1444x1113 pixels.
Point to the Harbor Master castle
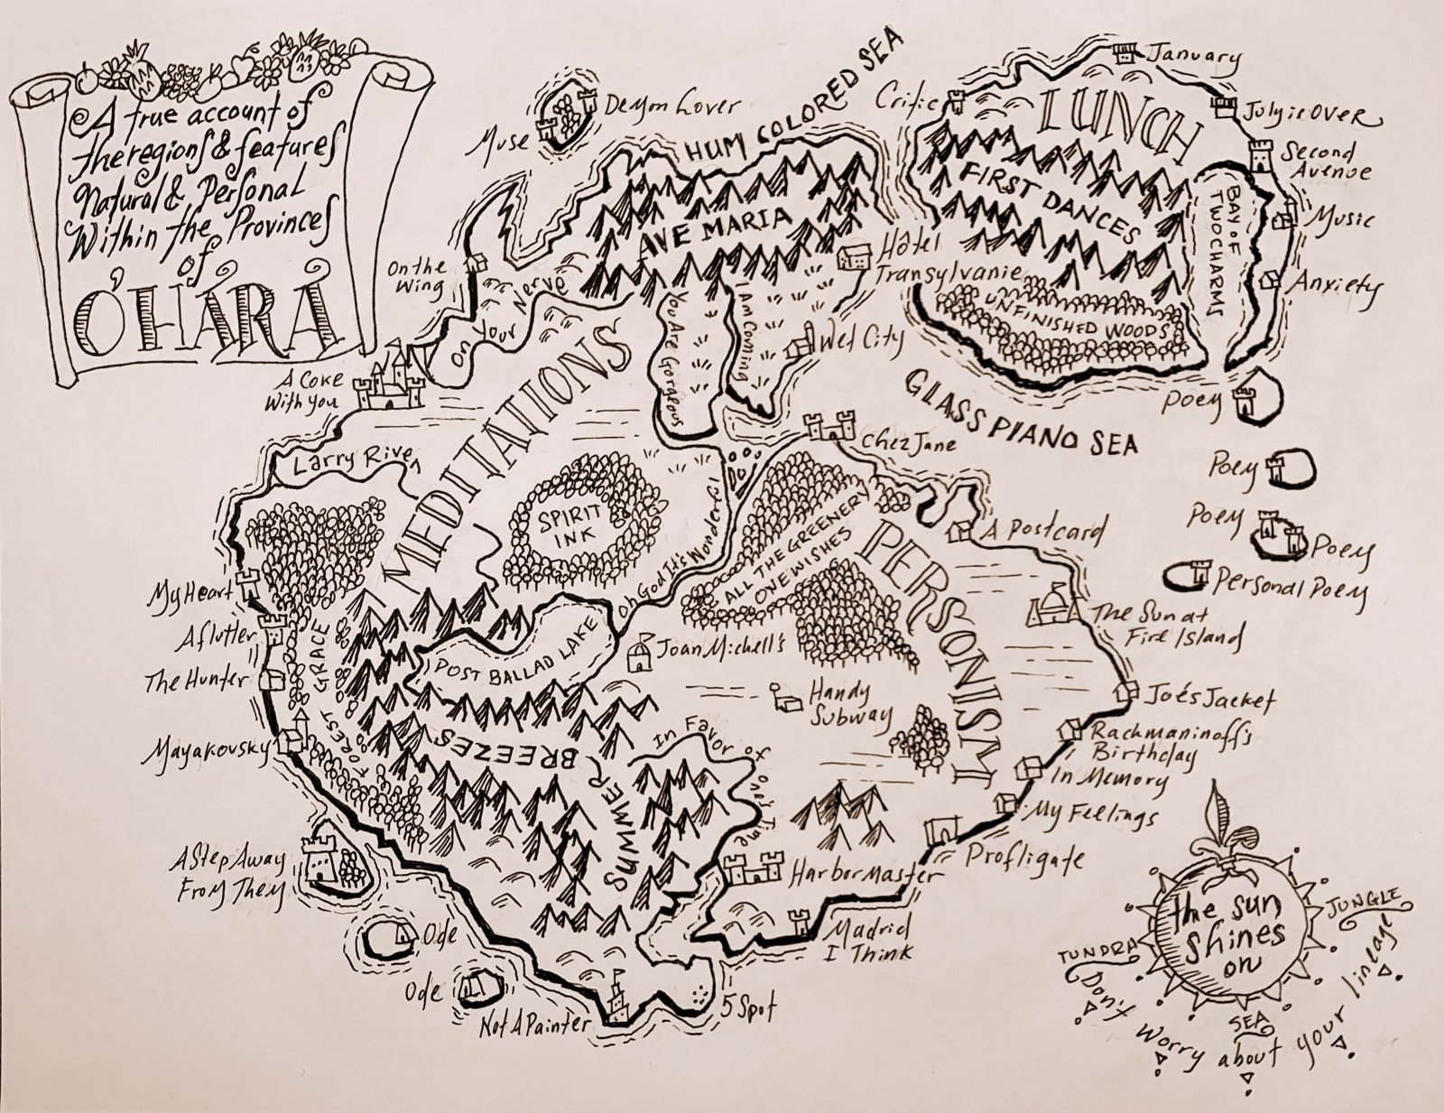click(752, 870)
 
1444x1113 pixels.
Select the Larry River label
click(345, 462)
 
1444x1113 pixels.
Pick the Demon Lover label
click(672, 106)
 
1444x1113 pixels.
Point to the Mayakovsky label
click(206, 751)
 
